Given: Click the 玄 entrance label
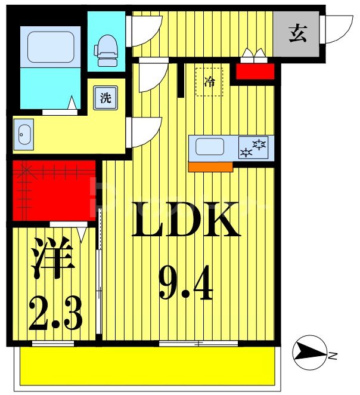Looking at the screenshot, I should point(297,35).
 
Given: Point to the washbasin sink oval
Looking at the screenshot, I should point(23,135).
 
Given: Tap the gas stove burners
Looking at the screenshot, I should point(254,147).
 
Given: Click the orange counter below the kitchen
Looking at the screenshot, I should point(210,167).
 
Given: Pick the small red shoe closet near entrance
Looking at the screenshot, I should point(255,72).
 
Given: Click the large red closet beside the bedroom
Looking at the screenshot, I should point(54,191).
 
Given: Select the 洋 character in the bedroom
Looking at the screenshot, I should point(52,258).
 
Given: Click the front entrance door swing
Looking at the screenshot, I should point(337,28).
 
